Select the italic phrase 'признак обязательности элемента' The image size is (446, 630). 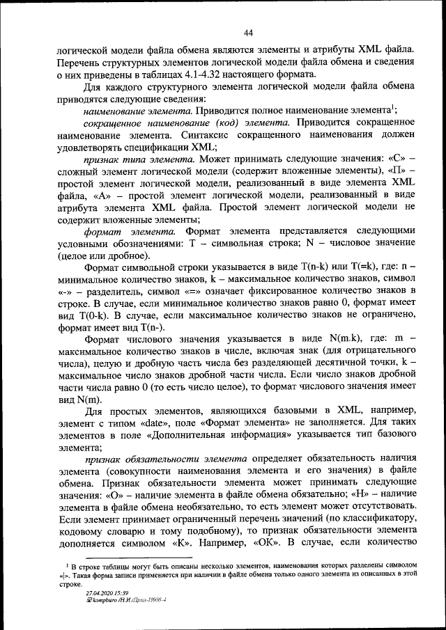(165, 459)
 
